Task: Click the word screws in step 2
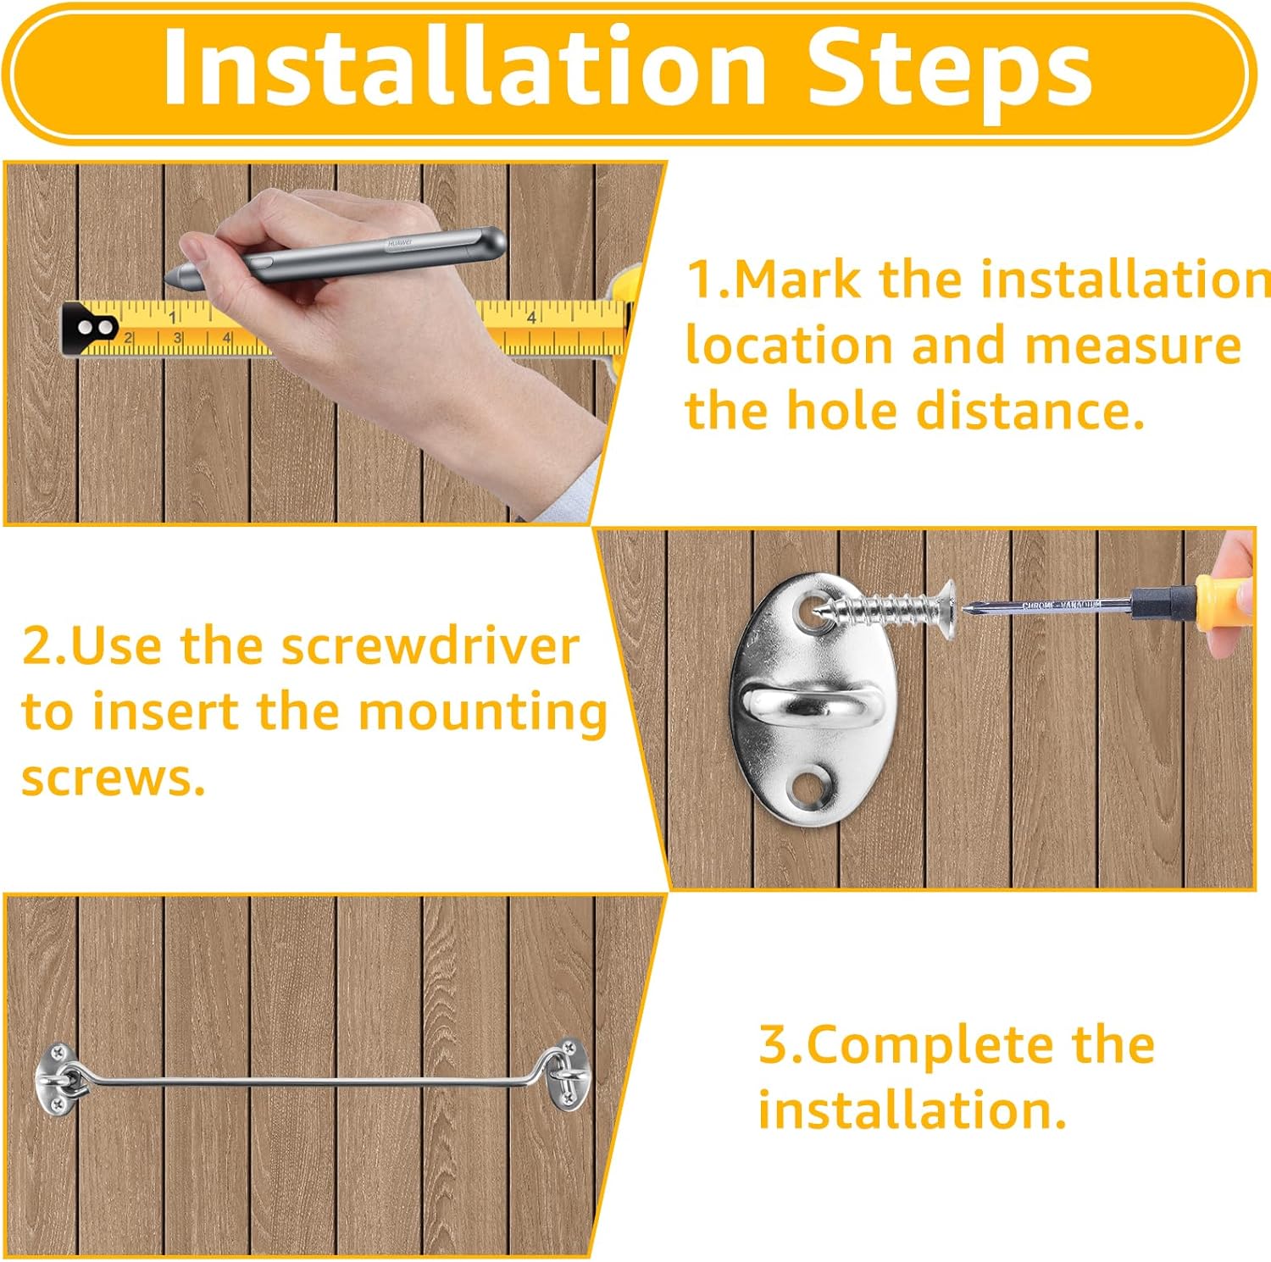pos(114,778)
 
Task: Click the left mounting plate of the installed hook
pos(56,1076)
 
